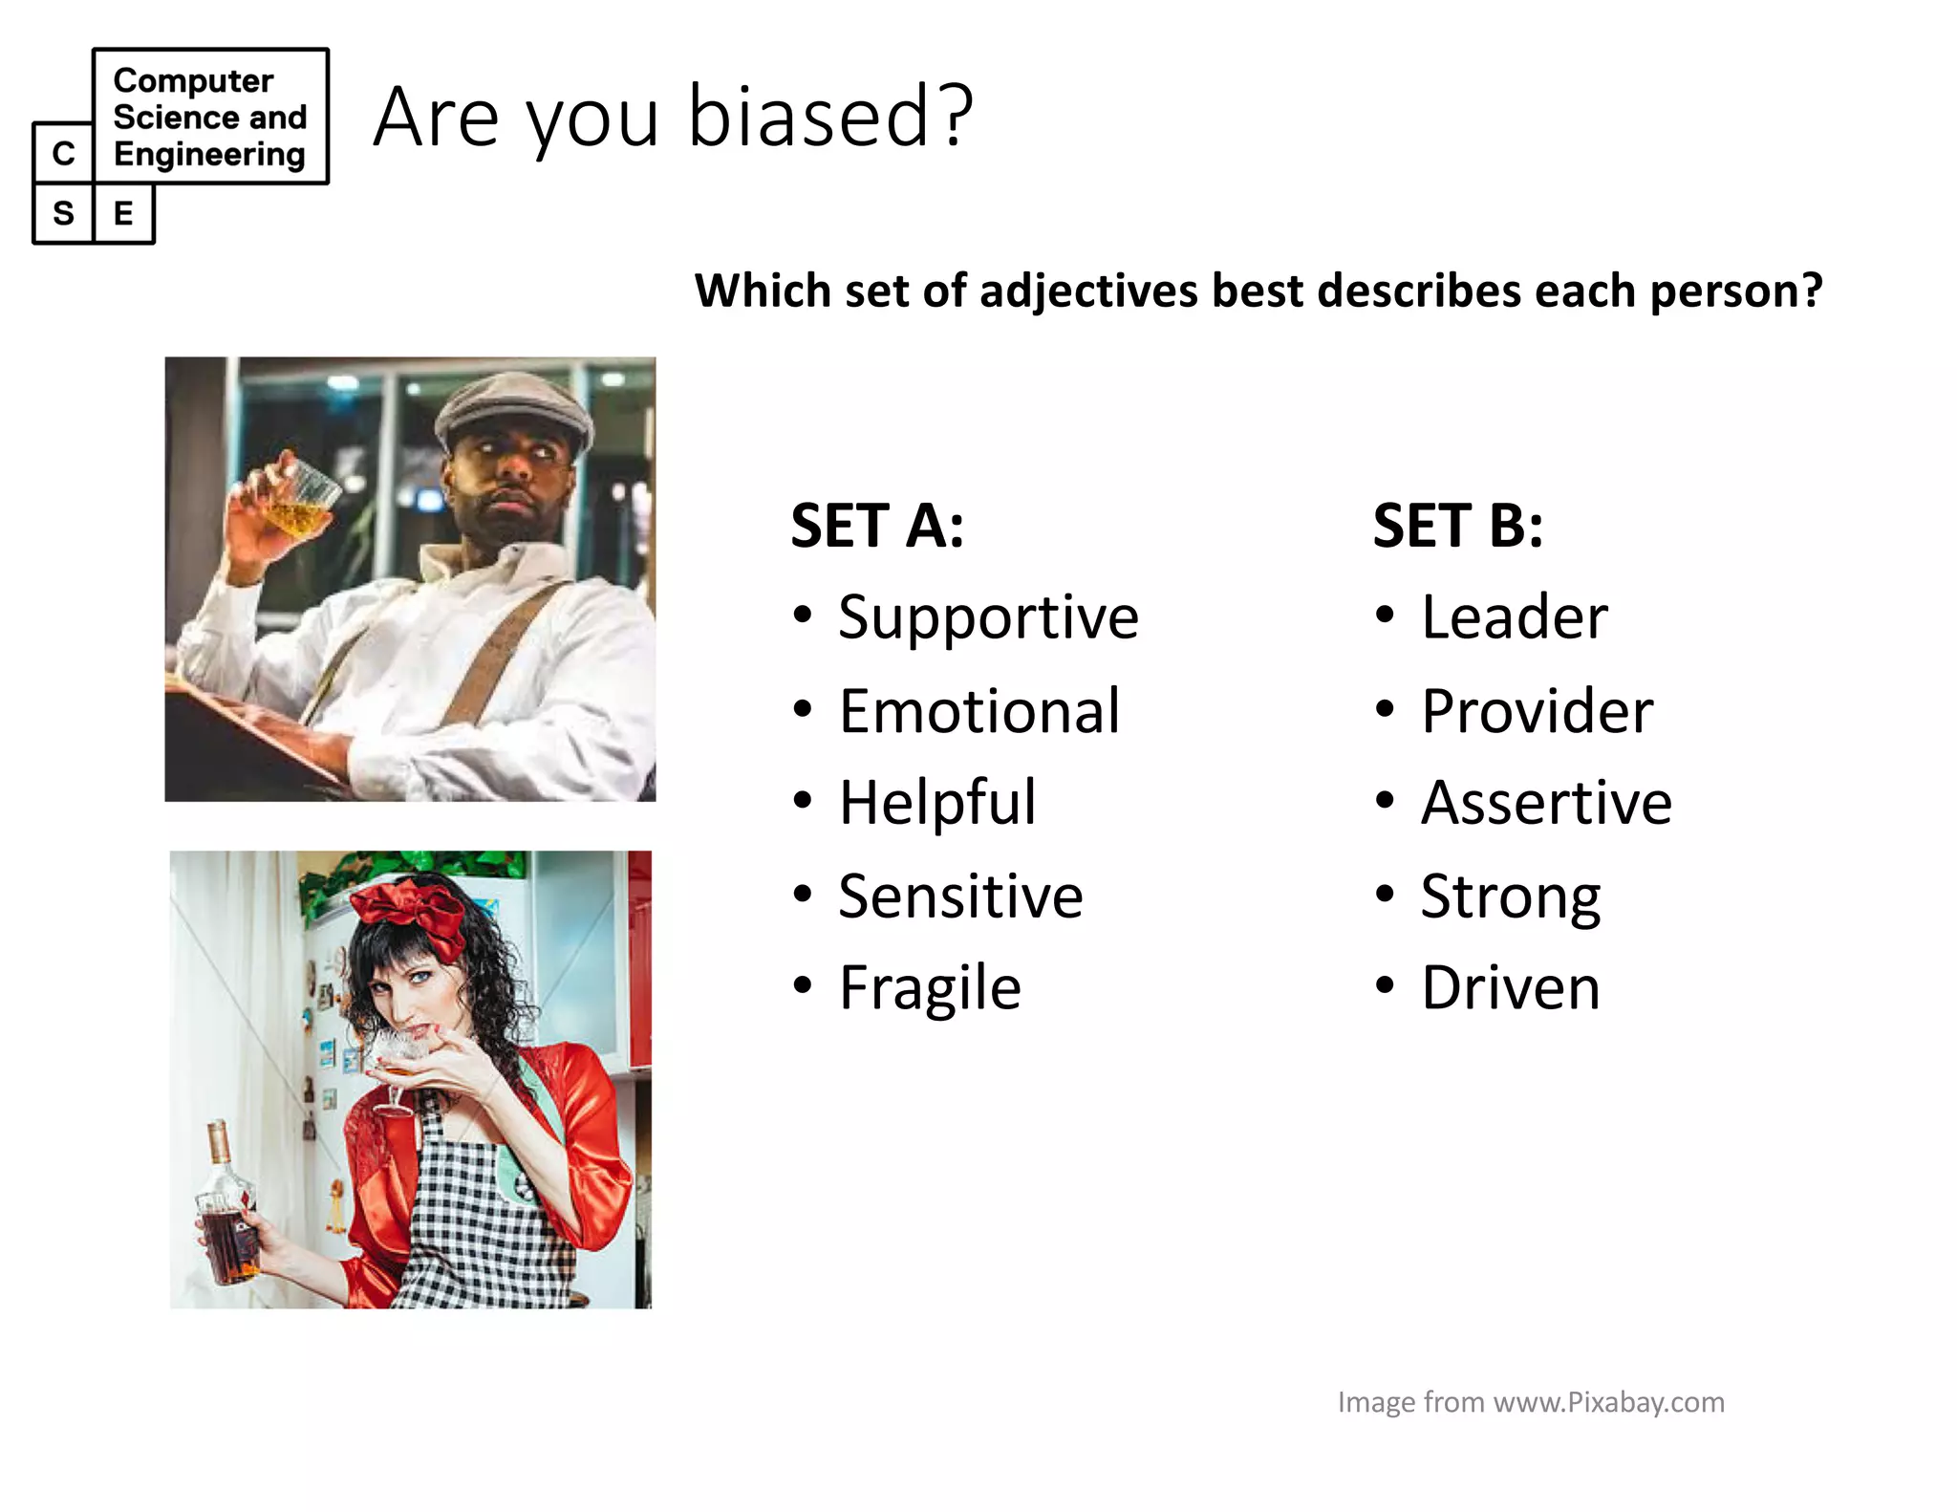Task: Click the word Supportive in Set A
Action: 988,618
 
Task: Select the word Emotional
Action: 978,712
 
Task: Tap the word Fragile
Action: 930,987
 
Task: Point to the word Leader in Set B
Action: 1514,617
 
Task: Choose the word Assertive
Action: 1546,802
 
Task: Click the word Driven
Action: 1510,987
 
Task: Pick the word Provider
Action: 1537,712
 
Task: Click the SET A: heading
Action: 877,526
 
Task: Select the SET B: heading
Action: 1458,526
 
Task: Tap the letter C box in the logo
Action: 63,153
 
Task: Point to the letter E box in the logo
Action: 123,213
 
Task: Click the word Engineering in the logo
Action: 209,154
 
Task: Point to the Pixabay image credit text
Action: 1531,1402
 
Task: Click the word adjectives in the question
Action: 1088,292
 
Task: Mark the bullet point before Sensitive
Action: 803,894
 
